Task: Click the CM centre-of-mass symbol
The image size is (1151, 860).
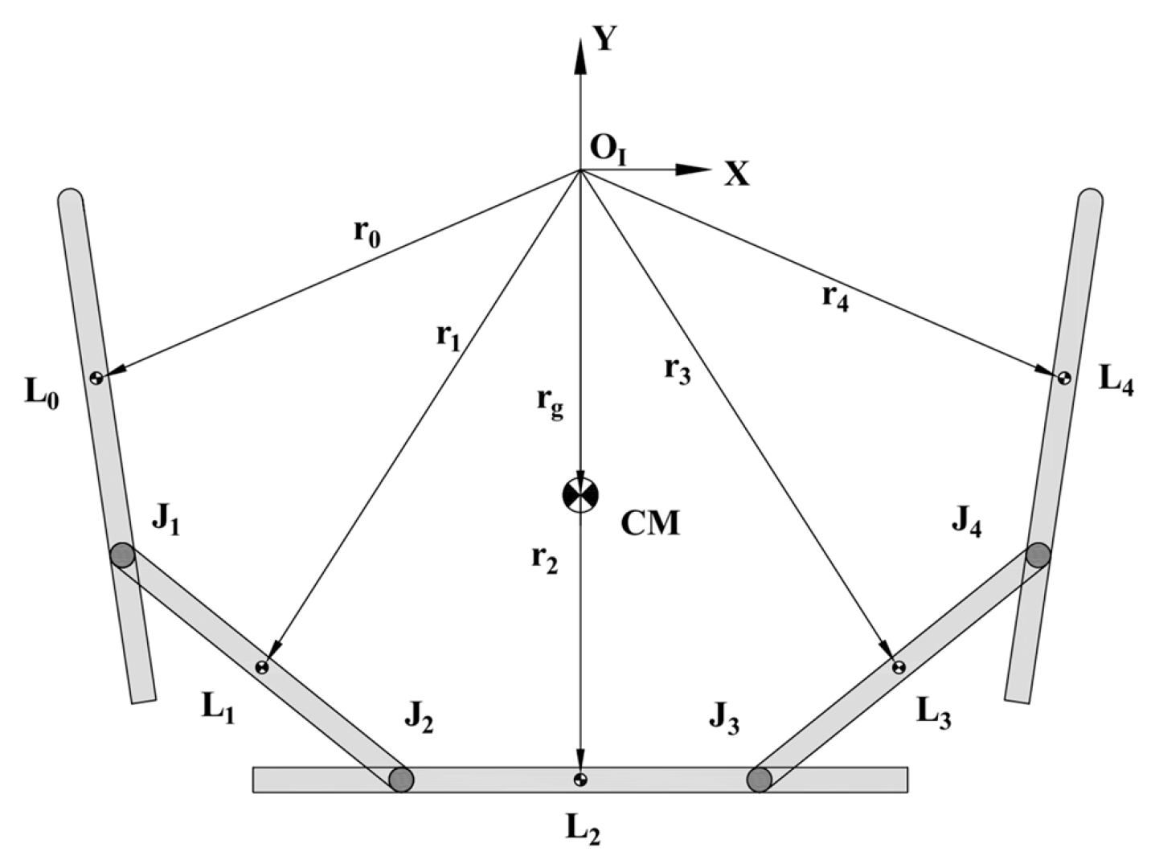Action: coord(580,493)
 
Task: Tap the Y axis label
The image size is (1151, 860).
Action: coord(605,39)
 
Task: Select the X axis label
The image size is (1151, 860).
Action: coord(737,174)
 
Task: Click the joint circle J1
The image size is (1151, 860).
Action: coord(122,555)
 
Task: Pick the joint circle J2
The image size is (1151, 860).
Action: coord(401,779)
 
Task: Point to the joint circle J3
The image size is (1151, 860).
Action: coord(760,779)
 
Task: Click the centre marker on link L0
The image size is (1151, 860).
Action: coord(96,378)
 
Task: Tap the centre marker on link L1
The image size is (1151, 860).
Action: coord(262,667)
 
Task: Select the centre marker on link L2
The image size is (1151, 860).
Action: coord(580,780)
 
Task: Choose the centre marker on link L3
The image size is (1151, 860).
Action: coord(899,667)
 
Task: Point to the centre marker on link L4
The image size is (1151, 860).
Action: coord(1064,378)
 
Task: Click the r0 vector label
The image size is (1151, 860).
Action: coord(367,235)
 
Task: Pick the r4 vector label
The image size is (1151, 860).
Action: coord(835,300)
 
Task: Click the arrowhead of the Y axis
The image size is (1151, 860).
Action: coord(580,55)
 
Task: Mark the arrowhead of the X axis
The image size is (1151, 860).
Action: coord(692,170)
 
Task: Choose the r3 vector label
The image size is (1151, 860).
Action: coord(678,374)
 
